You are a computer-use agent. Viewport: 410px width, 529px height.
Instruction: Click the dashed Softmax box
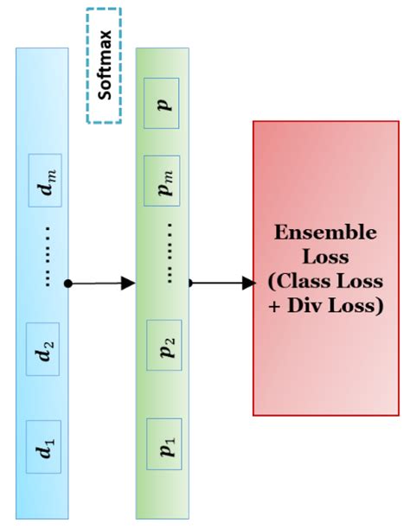pos(104,65)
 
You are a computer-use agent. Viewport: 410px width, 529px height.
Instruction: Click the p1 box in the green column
pos(163,445)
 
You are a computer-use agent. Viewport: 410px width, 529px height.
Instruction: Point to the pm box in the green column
pos(163,182)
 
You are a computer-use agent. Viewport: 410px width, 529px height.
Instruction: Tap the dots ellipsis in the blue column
pos(46,258)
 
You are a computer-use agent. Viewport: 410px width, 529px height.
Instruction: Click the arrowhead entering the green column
pos(129,283)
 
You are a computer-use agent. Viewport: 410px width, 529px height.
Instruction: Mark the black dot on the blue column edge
pos(68,283)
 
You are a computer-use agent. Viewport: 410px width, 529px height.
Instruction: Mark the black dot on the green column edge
pos(189,283)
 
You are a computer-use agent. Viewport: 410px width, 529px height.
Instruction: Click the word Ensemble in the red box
pos(325,233)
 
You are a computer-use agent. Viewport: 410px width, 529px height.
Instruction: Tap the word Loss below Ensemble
pos(325,258)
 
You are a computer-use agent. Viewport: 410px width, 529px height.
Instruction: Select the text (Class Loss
pos(325,282)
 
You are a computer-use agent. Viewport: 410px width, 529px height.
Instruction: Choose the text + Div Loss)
pos(325,306)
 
